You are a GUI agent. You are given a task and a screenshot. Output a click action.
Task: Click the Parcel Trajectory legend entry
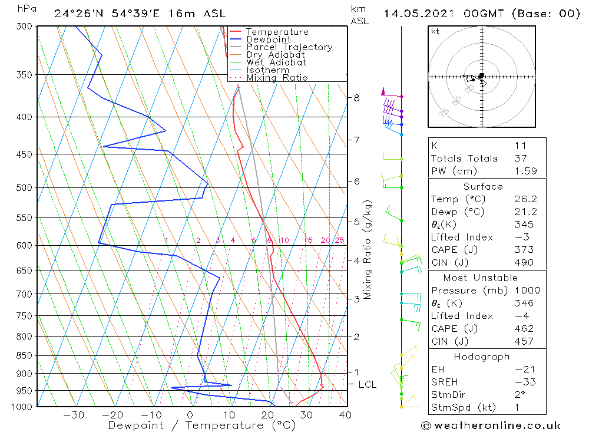click(289, 47)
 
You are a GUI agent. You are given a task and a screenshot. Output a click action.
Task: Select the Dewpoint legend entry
click(268, 39)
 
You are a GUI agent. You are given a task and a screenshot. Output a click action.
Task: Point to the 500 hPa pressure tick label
click(25, 187)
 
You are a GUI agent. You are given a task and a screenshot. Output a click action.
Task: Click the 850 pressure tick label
click(25, 355)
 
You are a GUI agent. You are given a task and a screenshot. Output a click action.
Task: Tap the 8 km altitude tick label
click(357, 97)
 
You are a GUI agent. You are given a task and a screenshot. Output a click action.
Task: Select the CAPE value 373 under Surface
click(524, 250)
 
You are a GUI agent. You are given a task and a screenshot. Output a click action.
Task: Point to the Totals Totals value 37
click(521, 158)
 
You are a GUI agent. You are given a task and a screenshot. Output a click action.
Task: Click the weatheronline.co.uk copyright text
click(491, 426)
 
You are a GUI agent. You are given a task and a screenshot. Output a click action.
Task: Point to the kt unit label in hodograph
click(435, 31)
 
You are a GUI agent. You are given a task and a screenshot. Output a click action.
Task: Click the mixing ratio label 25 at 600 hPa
click(339, 240)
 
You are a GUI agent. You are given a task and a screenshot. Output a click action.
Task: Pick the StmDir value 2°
click(520, 395)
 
